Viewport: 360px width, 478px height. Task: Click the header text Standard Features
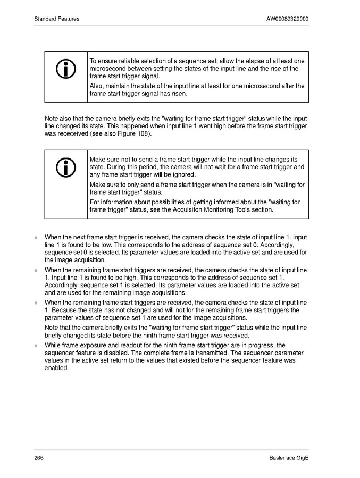coord(56,19)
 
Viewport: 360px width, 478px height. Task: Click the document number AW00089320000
coord(287,19)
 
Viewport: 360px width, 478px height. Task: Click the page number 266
coord(39,459)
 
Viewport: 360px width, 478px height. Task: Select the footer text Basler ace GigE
coord(289,459)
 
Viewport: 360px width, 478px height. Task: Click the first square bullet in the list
coord(36,237)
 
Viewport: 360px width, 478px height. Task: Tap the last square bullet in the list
coord(36,346)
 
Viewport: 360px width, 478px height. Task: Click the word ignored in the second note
coord(184,174)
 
